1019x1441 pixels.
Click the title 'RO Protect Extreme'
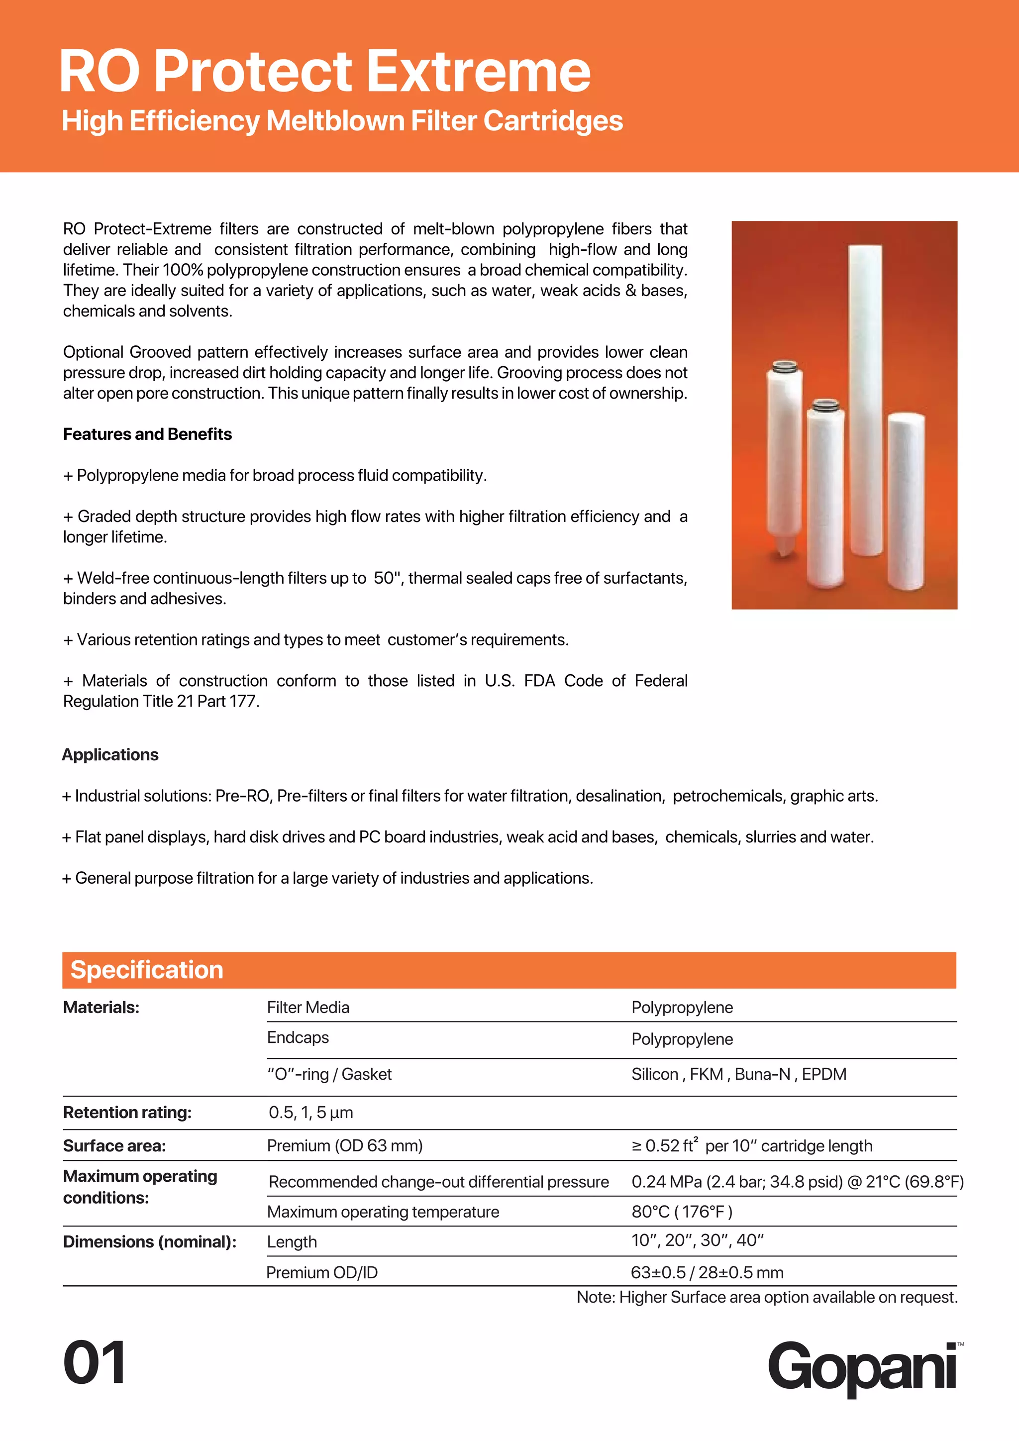pyautogui.click(x=324, y=72)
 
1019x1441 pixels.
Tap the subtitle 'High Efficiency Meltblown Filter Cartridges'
pyautogui.click(x=342, y=120)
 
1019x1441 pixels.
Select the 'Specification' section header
pyautogui.click(x=147, y=970)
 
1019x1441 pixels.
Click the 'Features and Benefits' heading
pyautogui.click(x=147, y=434)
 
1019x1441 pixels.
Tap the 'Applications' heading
pyautogui.click(x=110, y=754)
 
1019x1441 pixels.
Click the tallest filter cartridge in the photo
pyautogui.click(x=865, y=402)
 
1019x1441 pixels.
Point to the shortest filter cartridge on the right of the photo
pyautogui.click(x=906, y=499)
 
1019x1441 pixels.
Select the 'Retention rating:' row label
pyautogui.click(x=127, y=1113)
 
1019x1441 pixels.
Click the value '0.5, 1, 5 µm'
pyautogui.click(x=310, y=1113)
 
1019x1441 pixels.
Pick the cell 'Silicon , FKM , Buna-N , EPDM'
pyautogui.click(x=738, y=1074)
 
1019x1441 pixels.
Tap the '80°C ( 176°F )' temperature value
pyautogui.click(x=682, y=1212)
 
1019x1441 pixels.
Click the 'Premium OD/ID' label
pyautogui.click(x=322, y=1273)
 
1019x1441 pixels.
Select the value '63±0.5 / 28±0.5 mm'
pyautogui.click(x=707, y=1273)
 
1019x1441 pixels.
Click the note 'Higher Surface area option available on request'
pyautogui.click(x=767, y=1297)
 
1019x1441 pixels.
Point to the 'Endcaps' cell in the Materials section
pyautogui.click(x=298, y=1037)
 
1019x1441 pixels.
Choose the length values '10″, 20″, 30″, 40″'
pyautogui.click(x=698, y=1241)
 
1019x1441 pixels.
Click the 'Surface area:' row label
pyautogui.click(x=114, y=1146)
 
